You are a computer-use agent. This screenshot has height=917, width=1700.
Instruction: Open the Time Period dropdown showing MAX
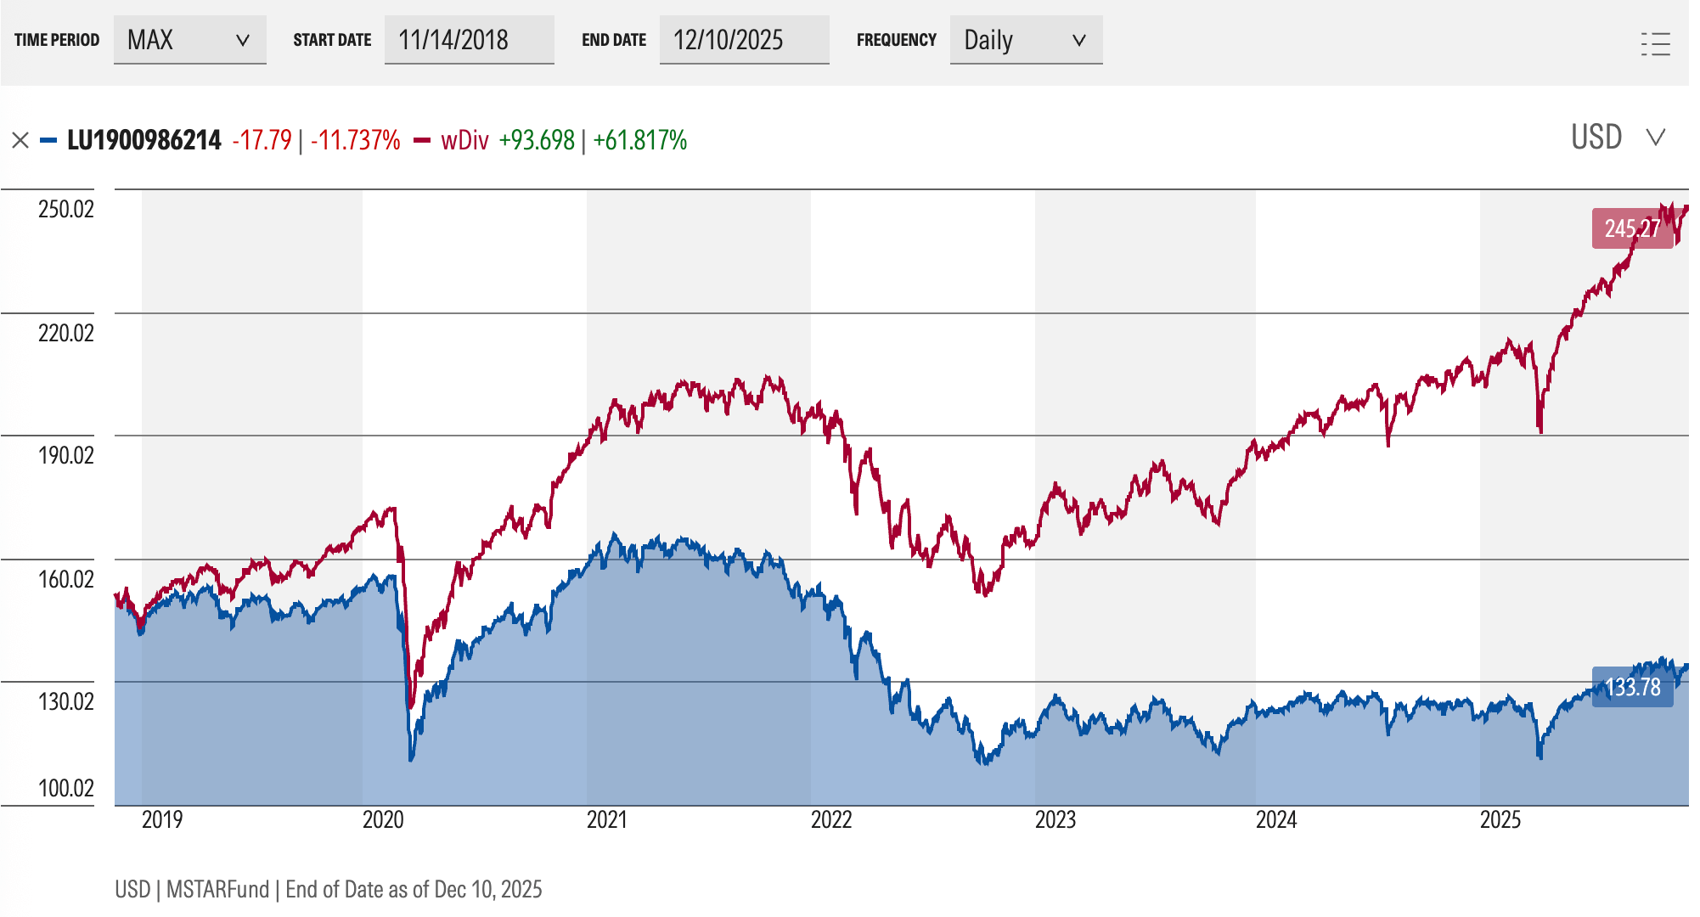(x=189, y=40)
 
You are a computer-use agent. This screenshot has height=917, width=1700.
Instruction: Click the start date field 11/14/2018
(x=469, y=40)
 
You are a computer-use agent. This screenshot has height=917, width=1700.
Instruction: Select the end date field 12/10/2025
(x=744, y=40)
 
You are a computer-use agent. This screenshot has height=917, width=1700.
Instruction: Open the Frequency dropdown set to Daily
(x=1026, y=40)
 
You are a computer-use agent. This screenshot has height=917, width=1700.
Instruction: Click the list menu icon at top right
(x=1655, y=43)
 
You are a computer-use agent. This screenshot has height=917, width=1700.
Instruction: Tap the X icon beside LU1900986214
(x=20, y=140)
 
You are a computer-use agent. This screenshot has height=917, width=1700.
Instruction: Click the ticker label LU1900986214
(x=144, y=140)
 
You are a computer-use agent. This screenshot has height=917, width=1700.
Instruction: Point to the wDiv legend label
(x=464, y=140)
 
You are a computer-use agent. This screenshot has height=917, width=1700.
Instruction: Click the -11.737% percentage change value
(x=356, y=140)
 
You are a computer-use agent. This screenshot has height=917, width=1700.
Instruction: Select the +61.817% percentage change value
(x=640, y=140)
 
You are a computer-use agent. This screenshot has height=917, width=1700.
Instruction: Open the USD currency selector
(x=1618, y=138)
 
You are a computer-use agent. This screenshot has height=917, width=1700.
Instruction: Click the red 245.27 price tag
(x=1632, y=228)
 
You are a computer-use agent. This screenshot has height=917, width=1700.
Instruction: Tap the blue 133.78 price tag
(x=1632, y=687)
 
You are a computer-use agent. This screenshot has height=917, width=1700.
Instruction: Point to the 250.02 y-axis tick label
(x=66, y=209)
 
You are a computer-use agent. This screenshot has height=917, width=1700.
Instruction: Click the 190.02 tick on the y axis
(x=66, y=455)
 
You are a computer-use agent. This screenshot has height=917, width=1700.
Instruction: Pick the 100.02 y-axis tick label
(x=66, y=788)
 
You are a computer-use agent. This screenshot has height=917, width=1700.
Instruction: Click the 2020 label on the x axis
(x=383, y=819)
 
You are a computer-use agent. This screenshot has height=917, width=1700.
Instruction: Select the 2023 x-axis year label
(x=1055, y=819)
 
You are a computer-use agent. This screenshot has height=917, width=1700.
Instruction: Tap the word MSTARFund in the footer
(x=217, y=889)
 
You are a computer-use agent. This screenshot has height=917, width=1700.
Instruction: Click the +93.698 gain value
(x=537, y=140)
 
